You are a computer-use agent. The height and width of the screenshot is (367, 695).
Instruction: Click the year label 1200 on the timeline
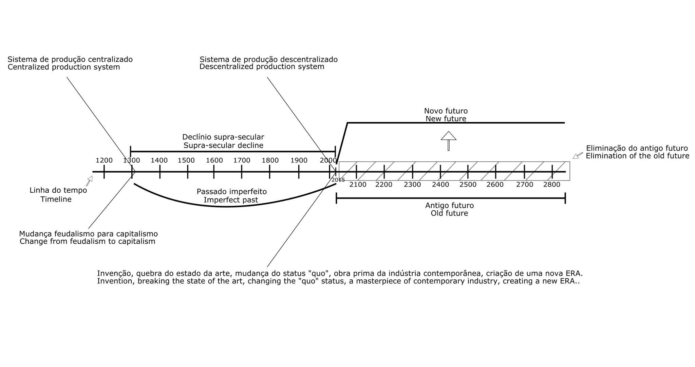click(104, 160)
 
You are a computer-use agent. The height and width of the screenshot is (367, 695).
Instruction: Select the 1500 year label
click(186, 160)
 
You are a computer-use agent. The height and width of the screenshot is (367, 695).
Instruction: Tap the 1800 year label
click(270, 160)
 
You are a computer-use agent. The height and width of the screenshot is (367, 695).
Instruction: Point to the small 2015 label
click(338, 180)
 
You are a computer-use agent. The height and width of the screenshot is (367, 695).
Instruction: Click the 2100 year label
click(358, 185)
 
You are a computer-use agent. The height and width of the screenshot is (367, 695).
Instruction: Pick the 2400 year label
click(440, 185)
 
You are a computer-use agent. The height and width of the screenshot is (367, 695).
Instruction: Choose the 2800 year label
click(551, 185)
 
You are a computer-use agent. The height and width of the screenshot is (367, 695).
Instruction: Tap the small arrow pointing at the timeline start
click(89, 181)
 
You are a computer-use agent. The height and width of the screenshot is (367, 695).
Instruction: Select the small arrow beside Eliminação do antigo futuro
click(578, 156)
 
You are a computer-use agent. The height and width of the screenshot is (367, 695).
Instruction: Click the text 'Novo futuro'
click(446, 111)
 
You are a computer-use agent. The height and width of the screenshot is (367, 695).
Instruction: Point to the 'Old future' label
click(449, 213)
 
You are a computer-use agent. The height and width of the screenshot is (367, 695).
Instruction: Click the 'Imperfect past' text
click(231, 200)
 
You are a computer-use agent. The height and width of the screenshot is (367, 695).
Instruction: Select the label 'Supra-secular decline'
click(223, 145)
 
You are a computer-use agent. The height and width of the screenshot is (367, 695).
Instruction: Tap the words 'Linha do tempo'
click(58, 190)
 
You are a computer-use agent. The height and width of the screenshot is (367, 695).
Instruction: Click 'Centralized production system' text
click(64, 67)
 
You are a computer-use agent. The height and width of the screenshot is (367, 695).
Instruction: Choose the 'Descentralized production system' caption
click(262, 67)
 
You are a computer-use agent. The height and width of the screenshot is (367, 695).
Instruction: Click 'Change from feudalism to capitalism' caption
click(87, 241)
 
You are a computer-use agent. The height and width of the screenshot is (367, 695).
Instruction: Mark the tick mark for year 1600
click(214, 172)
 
